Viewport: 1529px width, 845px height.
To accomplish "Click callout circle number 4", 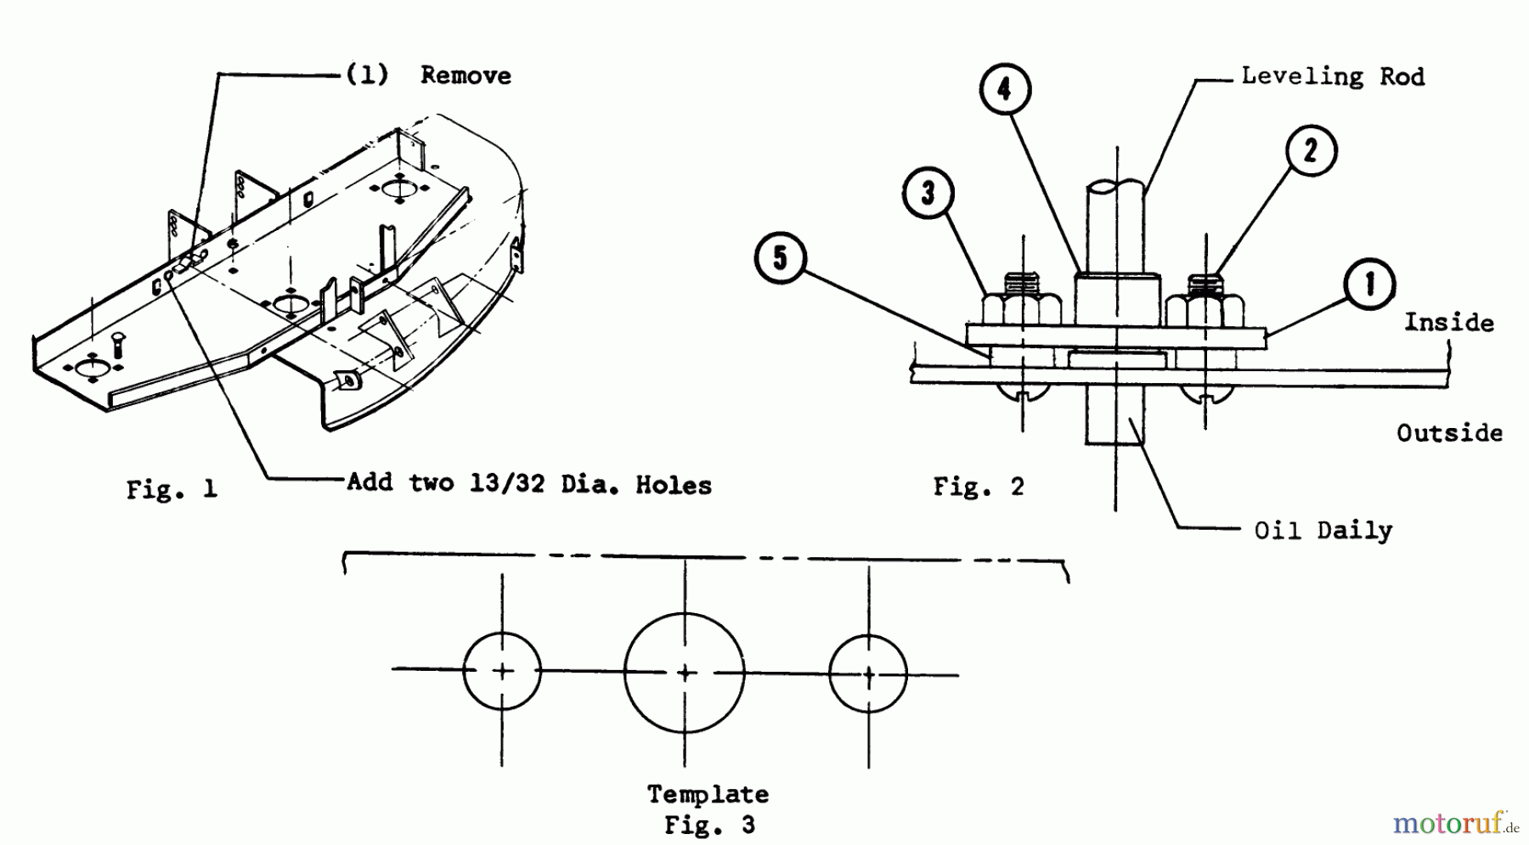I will [1004, 89].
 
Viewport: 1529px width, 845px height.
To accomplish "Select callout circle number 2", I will [1311, 151].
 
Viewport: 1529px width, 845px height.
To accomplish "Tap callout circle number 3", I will [928, 193].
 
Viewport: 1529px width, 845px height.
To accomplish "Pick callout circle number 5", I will [781, 258].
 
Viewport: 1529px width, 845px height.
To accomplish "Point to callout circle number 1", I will [1369, 284].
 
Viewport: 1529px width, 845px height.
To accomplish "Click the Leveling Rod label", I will [1332, 76].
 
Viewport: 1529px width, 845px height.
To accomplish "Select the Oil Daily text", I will [1323, 531].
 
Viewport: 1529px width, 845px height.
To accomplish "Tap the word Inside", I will [1447, 323].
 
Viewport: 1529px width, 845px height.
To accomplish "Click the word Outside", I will [1449, 433].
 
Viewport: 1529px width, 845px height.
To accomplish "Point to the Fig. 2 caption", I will [979, 487].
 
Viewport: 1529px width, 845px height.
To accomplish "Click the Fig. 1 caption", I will [172, 489].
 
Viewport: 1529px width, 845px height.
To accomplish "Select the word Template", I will [708, 795].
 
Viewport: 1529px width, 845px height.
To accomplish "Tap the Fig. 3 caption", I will [709, 825].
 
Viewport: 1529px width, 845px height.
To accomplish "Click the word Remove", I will [465, 76].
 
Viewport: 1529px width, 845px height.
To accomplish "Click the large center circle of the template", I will [685, 673].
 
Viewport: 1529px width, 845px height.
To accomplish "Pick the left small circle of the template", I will [502, 671].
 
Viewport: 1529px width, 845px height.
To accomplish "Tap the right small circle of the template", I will [868, 675].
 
